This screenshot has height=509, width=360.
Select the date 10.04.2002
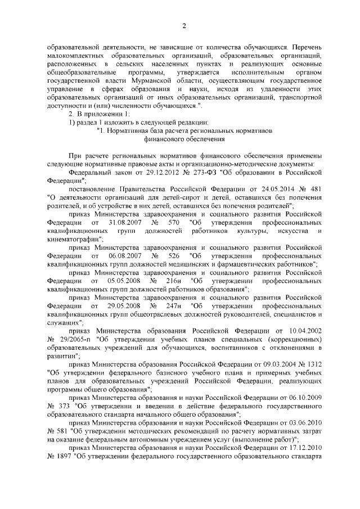click(304, 332)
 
